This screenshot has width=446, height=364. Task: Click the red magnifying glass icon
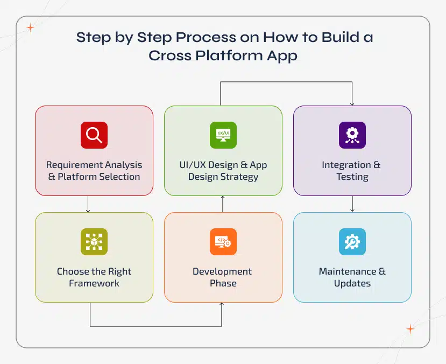pos(94,135)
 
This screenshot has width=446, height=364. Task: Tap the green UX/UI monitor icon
pos(223,135)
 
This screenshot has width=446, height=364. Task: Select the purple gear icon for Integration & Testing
pos(352,135)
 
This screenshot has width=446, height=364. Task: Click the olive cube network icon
pos(94,242)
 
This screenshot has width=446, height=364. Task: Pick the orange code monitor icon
pos(223,242)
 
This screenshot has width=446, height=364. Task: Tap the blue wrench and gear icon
pos(352,242)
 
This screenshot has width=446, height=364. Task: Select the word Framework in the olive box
pos(94,283)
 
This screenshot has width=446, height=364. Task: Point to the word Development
pos(222,271)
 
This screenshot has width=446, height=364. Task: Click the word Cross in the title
pos(168,55)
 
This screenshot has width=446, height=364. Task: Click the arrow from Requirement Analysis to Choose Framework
pos(88,204)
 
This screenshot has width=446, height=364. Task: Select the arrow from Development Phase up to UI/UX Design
pos(223,204)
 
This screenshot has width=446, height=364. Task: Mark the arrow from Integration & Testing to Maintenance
pos(352,204)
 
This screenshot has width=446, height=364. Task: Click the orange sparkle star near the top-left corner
pos(31,28)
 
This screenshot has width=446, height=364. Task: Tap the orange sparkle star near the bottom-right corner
pos(410,328)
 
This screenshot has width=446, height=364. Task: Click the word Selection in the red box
pos(119,177)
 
